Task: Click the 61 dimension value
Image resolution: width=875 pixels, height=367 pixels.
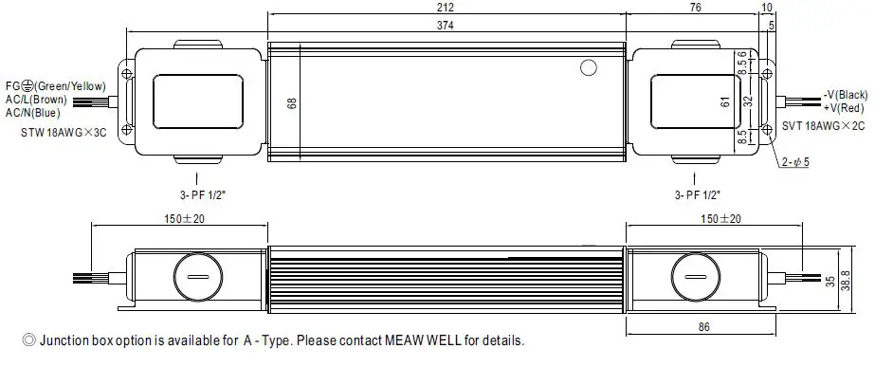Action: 724,101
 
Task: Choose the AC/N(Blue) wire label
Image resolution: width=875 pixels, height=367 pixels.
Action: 36,112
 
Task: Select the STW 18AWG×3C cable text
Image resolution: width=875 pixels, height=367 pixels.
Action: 62,134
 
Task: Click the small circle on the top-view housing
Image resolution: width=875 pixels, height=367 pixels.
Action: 589,68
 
